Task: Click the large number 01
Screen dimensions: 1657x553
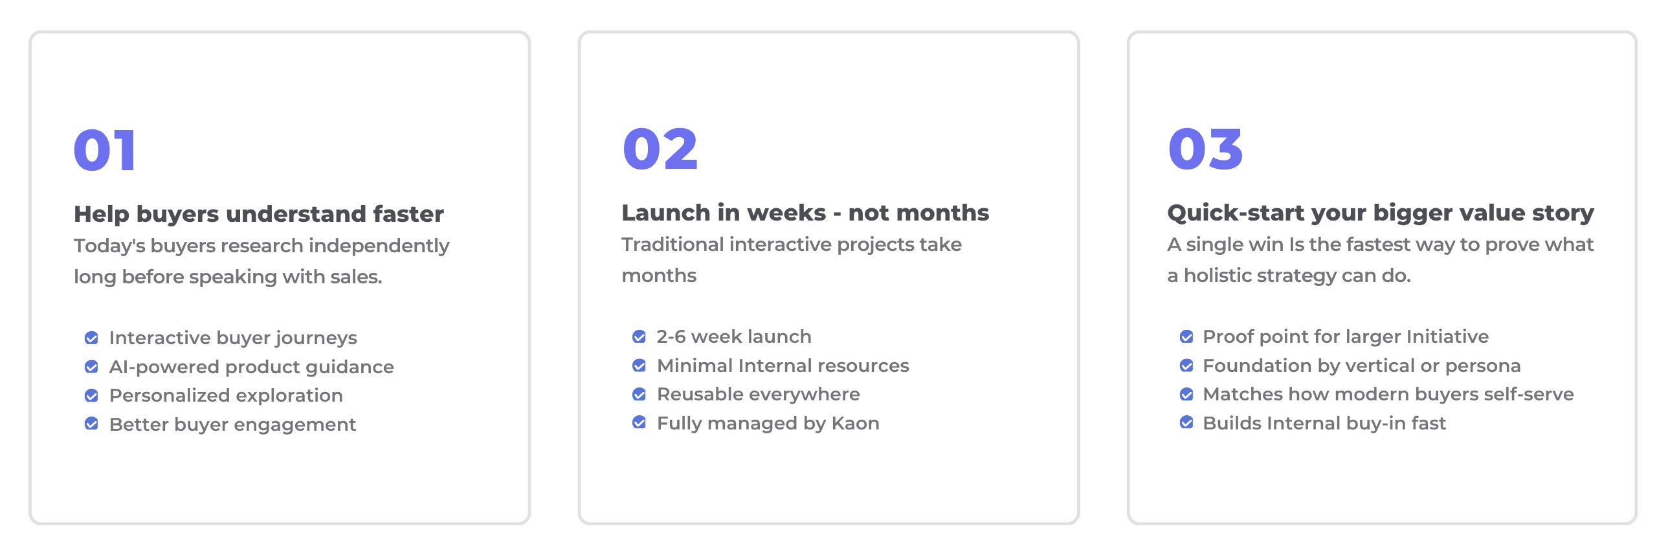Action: coord(105,150)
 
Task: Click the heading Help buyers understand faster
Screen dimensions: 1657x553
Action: coord(259,214)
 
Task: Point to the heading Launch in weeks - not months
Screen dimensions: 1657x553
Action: coord(805,213)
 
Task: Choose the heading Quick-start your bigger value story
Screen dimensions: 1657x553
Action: coord(1381,213)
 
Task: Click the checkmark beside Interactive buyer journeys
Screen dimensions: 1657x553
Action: coord(92,338)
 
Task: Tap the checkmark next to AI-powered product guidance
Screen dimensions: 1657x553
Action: coord(92,367)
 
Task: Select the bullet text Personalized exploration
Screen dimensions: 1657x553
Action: coord(226,396)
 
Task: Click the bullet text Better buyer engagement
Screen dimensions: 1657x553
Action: coord(232,424)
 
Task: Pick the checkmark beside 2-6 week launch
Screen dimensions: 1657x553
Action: coord(639,336)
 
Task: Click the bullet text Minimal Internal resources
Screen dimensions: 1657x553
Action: coord(783,365)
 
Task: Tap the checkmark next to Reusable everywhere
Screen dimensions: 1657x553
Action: coord(639,394)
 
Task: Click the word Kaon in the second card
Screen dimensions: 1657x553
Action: coord(855,423)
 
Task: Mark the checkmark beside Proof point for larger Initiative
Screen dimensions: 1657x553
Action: coord(1186,336)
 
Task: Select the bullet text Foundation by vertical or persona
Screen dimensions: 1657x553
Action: coord(1362,366)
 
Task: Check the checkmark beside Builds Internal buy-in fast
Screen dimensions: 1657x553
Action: coord(1186,422)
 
